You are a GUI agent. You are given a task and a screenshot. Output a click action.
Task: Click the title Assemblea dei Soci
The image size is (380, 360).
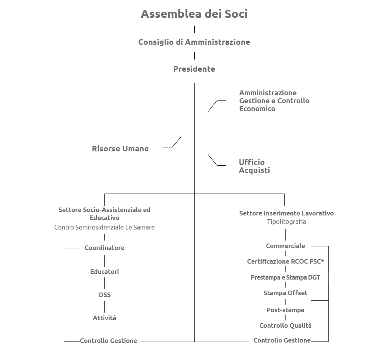click(194, 14)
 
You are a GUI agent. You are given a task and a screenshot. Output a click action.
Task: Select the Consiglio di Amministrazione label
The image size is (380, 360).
click(194, 42)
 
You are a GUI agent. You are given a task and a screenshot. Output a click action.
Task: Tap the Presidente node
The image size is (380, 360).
click(194, 69)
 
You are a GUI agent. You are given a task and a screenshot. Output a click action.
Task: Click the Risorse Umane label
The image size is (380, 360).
click(120, 148)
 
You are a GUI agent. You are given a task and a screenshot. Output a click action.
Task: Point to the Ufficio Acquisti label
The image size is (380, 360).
click(254, 166)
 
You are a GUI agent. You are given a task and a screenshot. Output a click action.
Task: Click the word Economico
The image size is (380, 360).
click(257, 109)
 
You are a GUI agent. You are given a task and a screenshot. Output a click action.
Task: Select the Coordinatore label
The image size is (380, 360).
click(104, 248)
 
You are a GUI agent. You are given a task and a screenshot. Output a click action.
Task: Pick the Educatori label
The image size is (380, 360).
click(104, 272)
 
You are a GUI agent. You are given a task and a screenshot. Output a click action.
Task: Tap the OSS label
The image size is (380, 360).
click(104, 295)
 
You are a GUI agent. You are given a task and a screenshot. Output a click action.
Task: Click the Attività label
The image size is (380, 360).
click(104, 318)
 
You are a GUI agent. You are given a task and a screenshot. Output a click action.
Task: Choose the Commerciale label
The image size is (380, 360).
click(285, 246)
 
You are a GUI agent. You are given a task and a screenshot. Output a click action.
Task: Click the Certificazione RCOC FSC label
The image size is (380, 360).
click(285, 261)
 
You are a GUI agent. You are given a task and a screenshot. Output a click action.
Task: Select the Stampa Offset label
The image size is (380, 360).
click(285, 293)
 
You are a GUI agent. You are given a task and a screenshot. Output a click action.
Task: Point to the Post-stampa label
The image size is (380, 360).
click(285, 310)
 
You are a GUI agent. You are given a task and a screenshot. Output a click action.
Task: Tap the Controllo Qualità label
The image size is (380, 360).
click(285, 325)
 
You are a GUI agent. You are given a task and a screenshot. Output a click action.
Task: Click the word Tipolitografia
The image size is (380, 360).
click(287, 222)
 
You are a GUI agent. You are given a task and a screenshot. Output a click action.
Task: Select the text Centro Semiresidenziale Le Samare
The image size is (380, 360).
click(104, 227)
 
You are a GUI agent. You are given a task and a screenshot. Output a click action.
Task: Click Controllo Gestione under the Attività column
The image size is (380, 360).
click(109, 341)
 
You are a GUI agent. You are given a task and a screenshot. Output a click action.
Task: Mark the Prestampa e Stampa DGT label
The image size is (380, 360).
click(285, 277)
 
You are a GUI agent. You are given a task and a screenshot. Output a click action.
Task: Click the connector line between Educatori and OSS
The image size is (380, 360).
click(104, 283)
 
